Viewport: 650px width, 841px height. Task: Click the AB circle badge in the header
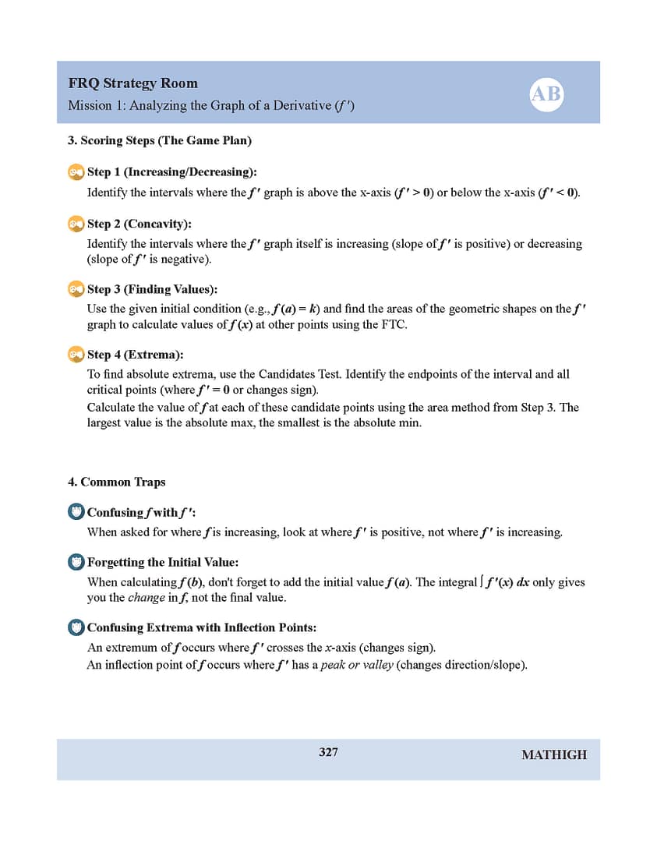tap(546, 94)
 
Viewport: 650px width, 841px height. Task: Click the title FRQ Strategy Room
tap(132, 83)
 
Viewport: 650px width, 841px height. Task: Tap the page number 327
tap(328, 752)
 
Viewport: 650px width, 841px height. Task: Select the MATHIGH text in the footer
tap(553, 754)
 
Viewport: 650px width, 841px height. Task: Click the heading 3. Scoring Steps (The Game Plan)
tap(159, 141)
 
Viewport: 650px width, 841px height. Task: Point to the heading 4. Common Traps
tap(116, 482)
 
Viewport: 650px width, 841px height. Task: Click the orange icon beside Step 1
tap(76, 171)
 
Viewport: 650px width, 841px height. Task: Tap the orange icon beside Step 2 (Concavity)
tap(76, 224)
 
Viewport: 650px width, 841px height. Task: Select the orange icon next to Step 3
tap(76, 289)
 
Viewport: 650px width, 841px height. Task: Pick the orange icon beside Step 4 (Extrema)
tap(76, 355)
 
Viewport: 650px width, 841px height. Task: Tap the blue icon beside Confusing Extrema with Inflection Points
tap(76, 627)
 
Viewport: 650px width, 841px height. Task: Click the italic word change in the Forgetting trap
tap(146, 598)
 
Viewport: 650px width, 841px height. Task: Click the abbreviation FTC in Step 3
tap(393, 325)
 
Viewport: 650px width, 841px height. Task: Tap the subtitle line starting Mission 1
tap(210, 105)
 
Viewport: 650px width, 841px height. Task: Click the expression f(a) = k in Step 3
tap(295, 309)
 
